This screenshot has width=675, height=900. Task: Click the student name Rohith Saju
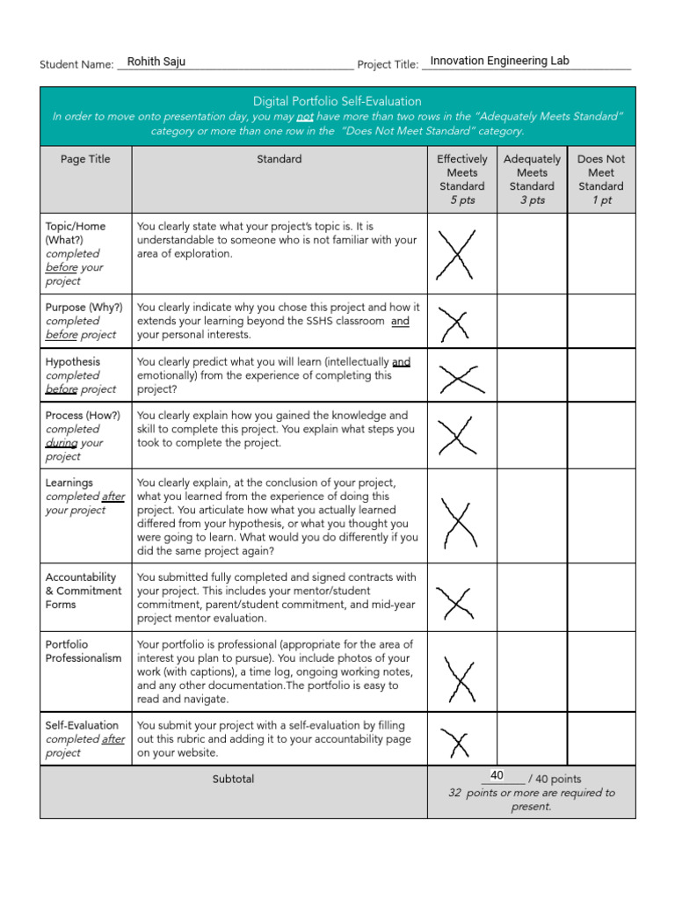(x=156, y=62)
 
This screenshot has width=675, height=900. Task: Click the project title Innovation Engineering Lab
(x=499, y=61)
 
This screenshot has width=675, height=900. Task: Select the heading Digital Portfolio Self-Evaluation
(x=337, y=101)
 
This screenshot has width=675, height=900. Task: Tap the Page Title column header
(x=85, y=159)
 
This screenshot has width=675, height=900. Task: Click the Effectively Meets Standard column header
(x=461, y=179)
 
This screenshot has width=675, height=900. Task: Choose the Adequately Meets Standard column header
(x=532, y=179)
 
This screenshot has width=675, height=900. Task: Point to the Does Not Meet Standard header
(x=601, y=179)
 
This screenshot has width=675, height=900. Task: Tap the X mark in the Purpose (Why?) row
(x=455, y=323)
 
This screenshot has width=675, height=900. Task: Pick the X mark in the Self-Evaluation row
(x=456, y=742)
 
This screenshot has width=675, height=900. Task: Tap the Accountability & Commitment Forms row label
(x=83, y=591)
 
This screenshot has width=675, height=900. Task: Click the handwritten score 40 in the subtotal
(x=497, y=775)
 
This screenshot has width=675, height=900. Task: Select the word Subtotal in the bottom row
(x=233, y=779)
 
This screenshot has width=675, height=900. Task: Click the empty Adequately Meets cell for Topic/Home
(x=532, y=253)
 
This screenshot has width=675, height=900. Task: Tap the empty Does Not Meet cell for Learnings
(x=601, y=516)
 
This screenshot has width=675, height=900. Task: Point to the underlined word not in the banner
(x=305, y=117)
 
